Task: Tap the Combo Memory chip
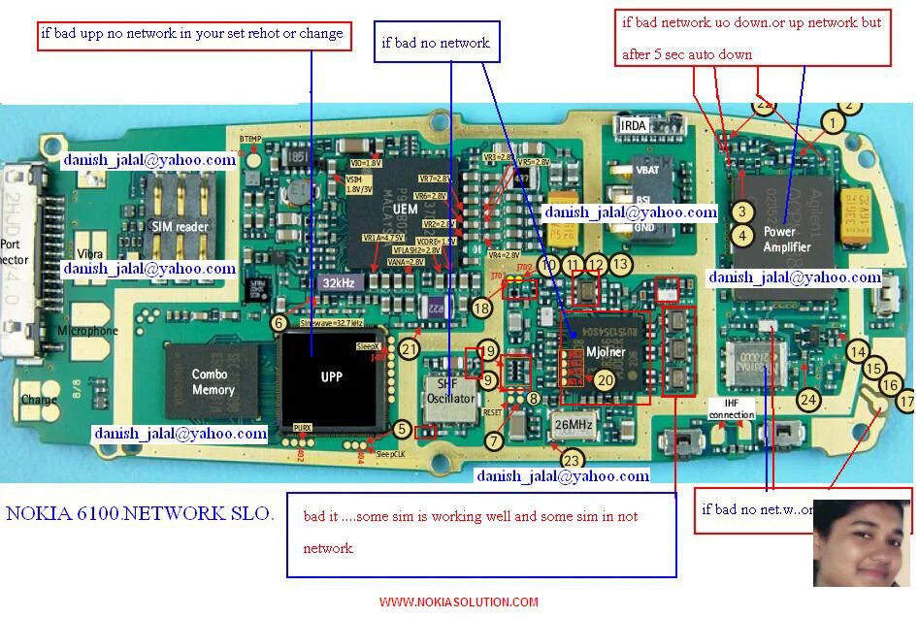pos(213,381)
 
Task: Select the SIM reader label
pos(181,226)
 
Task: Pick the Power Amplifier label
pos(786,239)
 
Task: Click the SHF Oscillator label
pos(451,392)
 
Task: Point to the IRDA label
pos(633,126)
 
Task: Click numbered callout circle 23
pos(574,459)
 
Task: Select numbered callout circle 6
pos(279,323)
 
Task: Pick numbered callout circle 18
pos(481,308)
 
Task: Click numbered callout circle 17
pos(906,400)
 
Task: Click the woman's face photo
pos(860,543)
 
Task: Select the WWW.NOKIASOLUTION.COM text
pos(458,602)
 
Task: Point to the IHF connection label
pos(732,408)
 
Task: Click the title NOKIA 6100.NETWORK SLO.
pos(140,513)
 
